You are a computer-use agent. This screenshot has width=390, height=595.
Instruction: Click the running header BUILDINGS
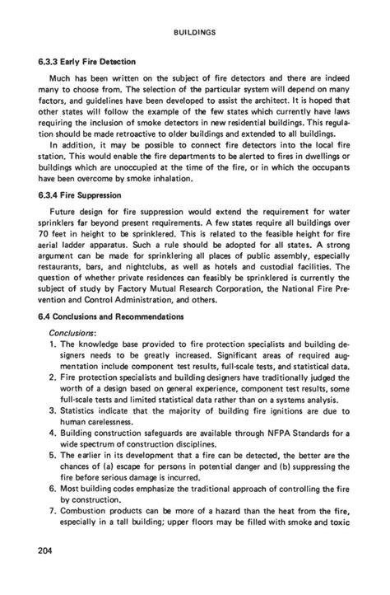point(195,32)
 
